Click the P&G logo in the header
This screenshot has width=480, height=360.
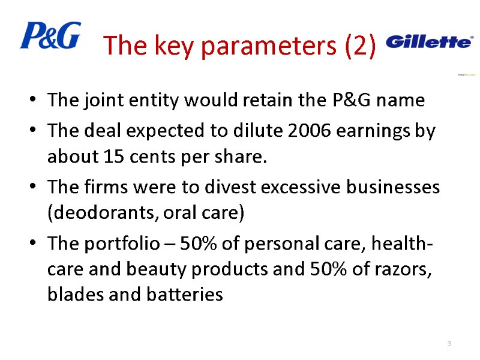pos(50,36)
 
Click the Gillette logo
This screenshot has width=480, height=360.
pos(429,41)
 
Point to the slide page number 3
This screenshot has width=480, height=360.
pos(449,343)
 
